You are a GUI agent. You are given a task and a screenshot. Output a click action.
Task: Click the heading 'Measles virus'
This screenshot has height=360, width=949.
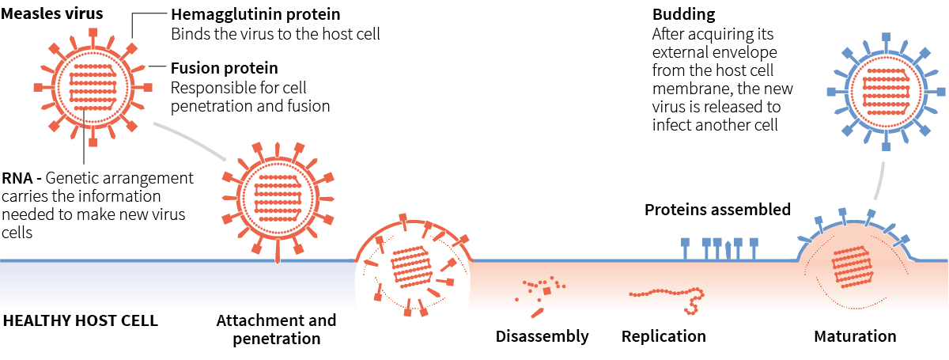point(52,13)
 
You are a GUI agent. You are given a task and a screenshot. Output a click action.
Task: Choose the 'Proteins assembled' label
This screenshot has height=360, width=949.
point(717,210)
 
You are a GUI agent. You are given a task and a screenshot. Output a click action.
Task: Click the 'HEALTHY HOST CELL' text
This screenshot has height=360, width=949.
point(81,321)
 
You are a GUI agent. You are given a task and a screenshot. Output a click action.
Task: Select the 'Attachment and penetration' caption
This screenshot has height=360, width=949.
point(276,330)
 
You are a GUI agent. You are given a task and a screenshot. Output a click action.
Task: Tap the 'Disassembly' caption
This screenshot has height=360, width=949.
point(542,336)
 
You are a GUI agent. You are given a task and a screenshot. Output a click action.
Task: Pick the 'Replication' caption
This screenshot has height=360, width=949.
point(664,336)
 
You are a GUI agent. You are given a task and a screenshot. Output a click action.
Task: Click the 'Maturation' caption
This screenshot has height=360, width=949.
point(855,336)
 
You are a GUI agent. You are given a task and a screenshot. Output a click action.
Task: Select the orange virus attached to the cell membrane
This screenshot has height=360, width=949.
point(276,196)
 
